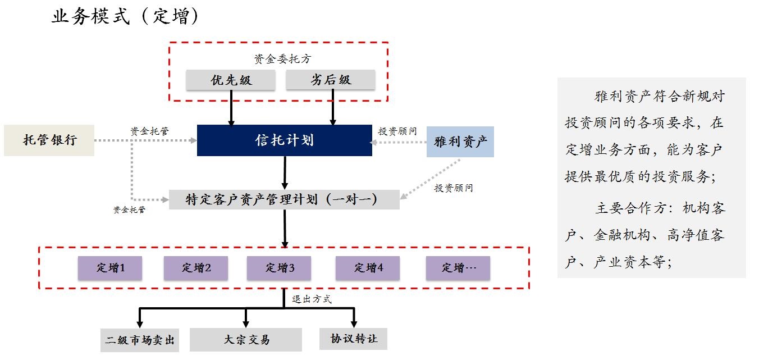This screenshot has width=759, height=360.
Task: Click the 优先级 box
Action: (x=231, y=80)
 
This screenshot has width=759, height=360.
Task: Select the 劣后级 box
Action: (x=330, y=80)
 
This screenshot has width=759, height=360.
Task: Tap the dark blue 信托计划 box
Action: (x=284, y=140)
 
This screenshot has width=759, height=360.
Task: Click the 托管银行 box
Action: (x=49, y=140)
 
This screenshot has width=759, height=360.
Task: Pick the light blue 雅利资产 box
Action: (x=460, y=141)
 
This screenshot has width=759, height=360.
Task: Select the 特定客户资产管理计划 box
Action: (x=284, y=199)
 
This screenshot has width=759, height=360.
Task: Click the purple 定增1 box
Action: (x=110, y=268)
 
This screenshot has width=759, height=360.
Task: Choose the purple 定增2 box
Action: (x=196, y=268)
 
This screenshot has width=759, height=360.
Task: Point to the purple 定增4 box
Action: (x=368, y=268)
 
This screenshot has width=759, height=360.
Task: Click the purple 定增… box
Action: (x=458, y=268)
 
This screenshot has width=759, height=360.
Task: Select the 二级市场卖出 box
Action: (x=140, y=340)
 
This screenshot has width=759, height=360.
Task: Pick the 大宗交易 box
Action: (x=246, y=339)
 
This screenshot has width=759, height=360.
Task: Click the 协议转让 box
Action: (x=354, y=339)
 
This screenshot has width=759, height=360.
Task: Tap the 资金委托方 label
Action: (x=281, y=59)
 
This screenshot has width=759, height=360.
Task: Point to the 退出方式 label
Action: (x=312, y=299)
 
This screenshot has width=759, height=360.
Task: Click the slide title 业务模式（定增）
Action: (x=125, y=16)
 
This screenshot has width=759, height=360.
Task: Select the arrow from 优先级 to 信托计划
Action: (x=231, y=107)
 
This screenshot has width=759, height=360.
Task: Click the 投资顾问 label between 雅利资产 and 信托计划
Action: (x=397, y=131)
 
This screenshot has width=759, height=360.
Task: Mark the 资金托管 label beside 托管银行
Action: (x=149, y=131)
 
